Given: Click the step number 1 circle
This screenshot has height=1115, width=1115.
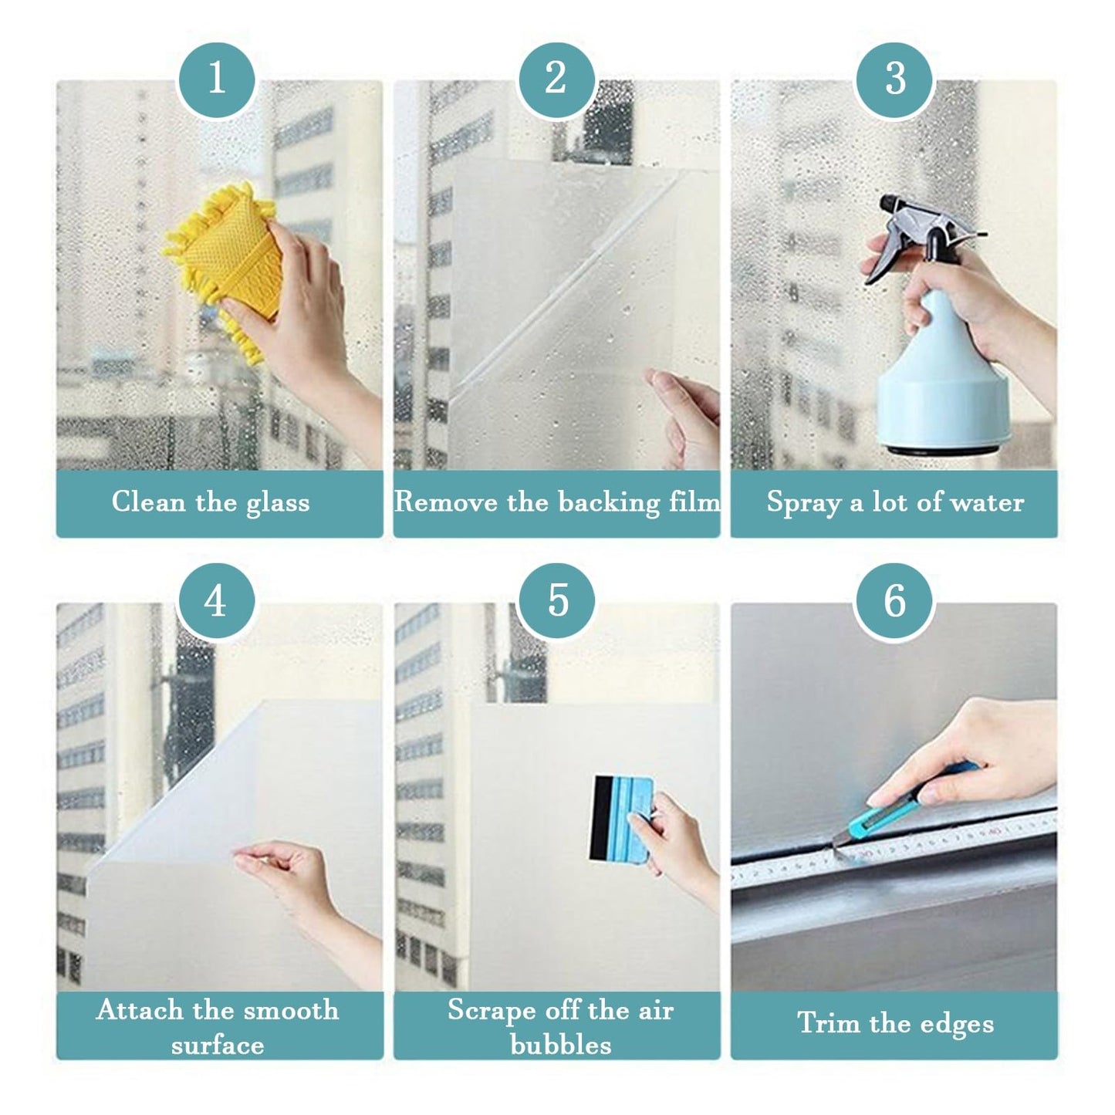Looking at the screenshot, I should pos(217,79).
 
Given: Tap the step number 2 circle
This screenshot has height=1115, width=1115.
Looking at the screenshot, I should pos(556,79).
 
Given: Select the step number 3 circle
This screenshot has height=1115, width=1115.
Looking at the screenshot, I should pos(895,79).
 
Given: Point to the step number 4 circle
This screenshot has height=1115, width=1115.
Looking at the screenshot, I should pos(217,600).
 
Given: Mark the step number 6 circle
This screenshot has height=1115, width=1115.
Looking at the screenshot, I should pos(895,600).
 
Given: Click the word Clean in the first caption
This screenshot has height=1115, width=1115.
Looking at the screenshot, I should pos(149,502).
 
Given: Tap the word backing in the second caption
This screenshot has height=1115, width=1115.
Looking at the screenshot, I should pos(610,502).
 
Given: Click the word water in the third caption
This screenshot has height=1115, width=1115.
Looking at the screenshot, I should pos(988,502).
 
